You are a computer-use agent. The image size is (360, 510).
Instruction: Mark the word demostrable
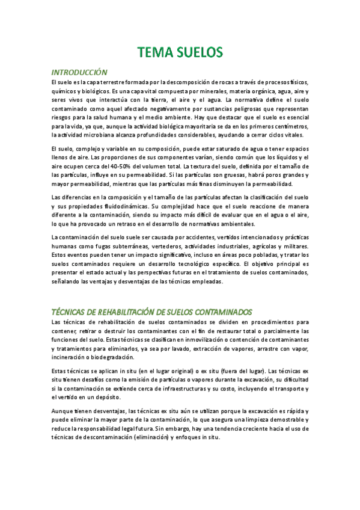284,419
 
